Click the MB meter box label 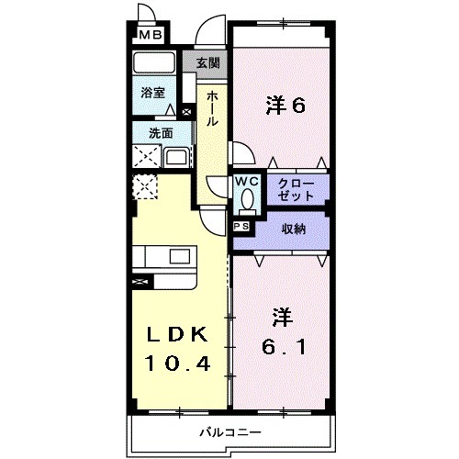149,36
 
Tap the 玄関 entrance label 208,63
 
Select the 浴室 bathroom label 152,93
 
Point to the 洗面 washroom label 161,132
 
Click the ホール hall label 212,107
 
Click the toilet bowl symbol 245,199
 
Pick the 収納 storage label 293,229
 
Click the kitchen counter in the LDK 165,258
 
